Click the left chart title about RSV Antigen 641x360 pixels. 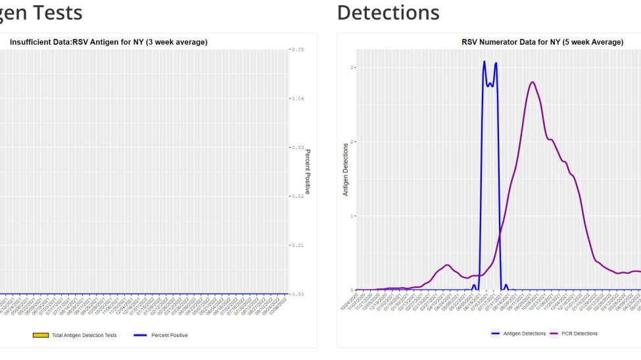coord(108,42)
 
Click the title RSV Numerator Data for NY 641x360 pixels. coord(542,42)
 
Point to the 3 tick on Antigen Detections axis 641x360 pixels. coord(352,68)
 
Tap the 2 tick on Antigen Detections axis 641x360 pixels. coord(352,142)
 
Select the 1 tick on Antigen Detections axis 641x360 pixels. coord(352,216)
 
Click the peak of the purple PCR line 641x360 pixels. coord(532,82)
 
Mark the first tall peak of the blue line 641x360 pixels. coord(485,62)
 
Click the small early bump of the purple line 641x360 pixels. coord(447,265)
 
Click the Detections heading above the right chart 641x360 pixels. coord(388,12)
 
